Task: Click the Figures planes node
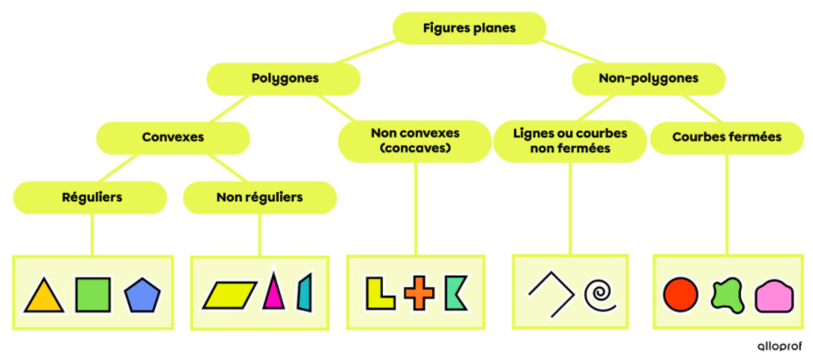coord(469,28)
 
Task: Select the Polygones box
coord(283,79)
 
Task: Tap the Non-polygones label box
coord(648,79)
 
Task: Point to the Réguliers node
coord(91,198)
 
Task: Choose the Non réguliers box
coord(260,198)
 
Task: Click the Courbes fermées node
coord(727,138)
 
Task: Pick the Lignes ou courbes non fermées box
coord(570,141)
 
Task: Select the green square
coord(92,295)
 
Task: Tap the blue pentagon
coord(143,295)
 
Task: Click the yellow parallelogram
coord(230,295)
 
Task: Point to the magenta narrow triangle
coord(274,293)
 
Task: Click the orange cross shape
coord(420,294)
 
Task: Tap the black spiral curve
coord(600,294)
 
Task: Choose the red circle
coord(681,295)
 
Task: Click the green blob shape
coord(728,295)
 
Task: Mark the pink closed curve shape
coord(773,297)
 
